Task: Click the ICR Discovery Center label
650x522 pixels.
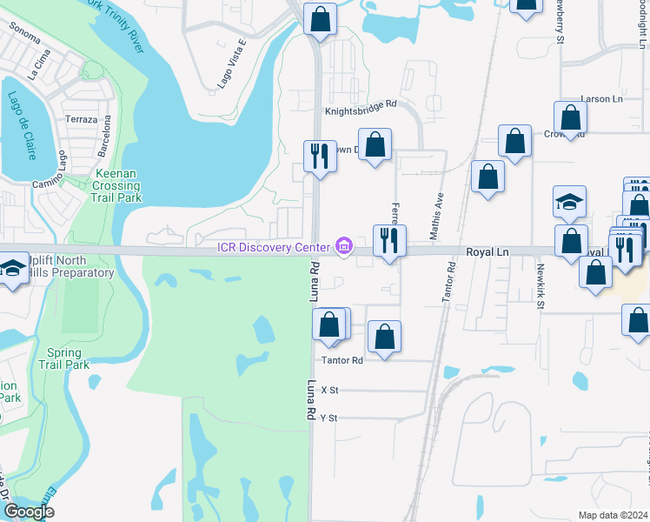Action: (x=274, y=247)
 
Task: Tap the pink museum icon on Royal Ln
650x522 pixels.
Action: (x=344, y=247)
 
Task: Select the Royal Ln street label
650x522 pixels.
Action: (x=487, y=251)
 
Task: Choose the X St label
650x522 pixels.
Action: (x=328, y=391)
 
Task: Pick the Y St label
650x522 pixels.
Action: (x=328, y=418)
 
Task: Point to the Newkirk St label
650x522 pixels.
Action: (x=540, y=285)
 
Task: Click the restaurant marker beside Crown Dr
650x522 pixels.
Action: (x=320, y=157)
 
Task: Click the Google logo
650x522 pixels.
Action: (x=29, y=511)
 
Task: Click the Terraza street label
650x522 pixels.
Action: (x=81, y=119)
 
